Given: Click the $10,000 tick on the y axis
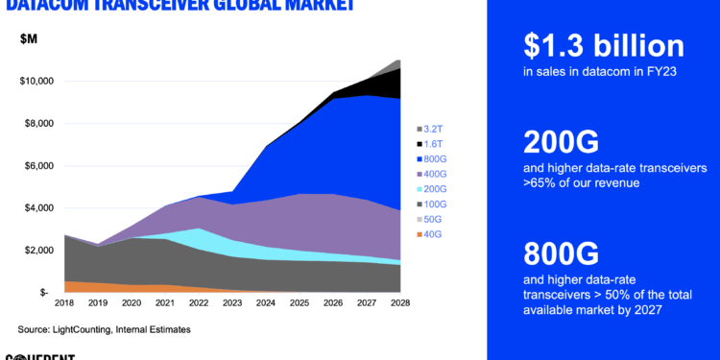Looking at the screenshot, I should (x=37, y=81).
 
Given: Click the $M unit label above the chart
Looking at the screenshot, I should (x=30, y=38).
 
